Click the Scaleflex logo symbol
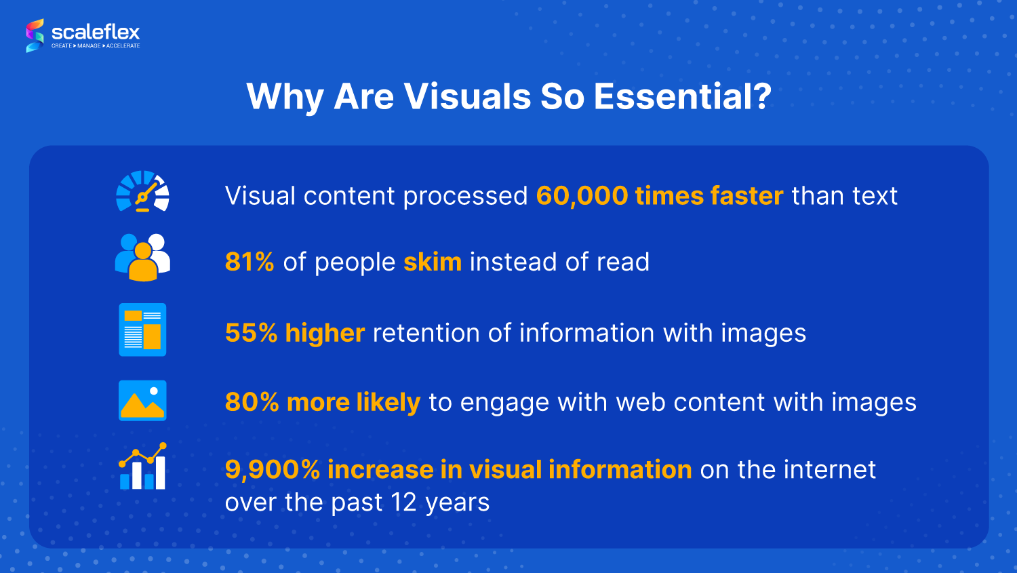pos(35,35)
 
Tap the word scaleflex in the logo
pos(96,33)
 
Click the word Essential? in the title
pos(683,96)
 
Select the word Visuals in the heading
pos(467,96)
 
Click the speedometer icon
pos(142,192)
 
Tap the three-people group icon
pos(142,258)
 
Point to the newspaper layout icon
pos(142,330)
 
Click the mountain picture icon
pos(142,401)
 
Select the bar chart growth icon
pos(142,466)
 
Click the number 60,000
pos(582,196)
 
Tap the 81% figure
pos(250,262)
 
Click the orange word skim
pos(433,262)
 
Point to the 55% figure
pos(251,333)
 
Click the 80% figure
pos(252,402)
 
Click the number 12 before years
pos(403,502)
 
